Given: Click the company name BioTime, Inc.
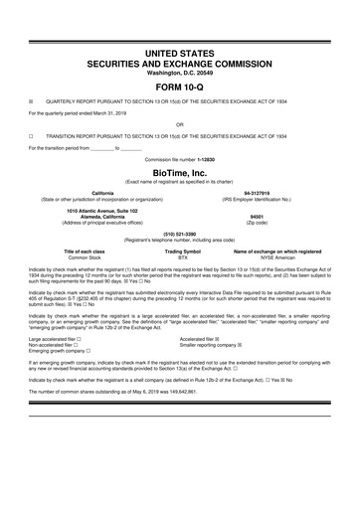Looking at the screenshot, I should (x=180, y=171).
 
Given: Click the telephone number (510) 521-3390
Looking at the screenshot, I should (x=180, y=235).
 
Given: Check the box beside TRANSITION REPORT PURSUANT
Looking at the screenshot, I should (x=32, y=135).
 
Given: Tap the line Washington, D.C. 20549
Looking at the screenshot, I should (x=180, y=72).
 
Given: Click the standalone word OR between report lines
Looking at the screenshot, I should (x=180, y=124).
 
